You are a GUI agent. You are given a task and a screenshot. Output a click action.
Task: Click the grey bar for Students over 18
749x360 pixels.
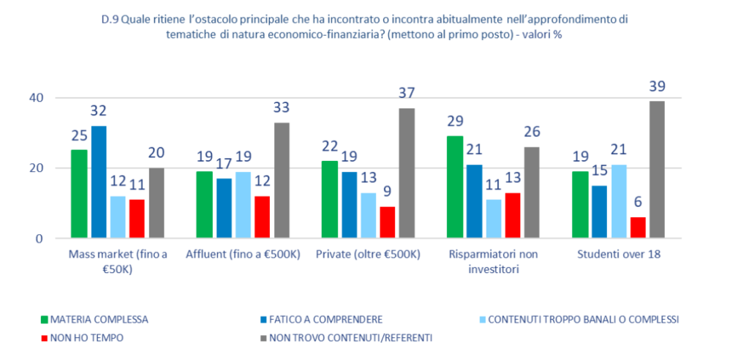[x=658, y=170]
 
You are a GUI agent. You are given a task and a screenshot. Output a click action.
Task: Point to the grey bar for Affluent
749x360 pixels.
[x=282, y=180]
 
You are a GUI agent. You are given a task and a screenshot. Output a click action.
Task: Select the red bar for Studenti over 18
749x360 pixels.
[x=638, y=228]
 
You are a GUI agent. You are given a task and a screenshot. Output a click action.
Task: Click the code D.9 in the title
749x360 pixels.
[x=109, y=20]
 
